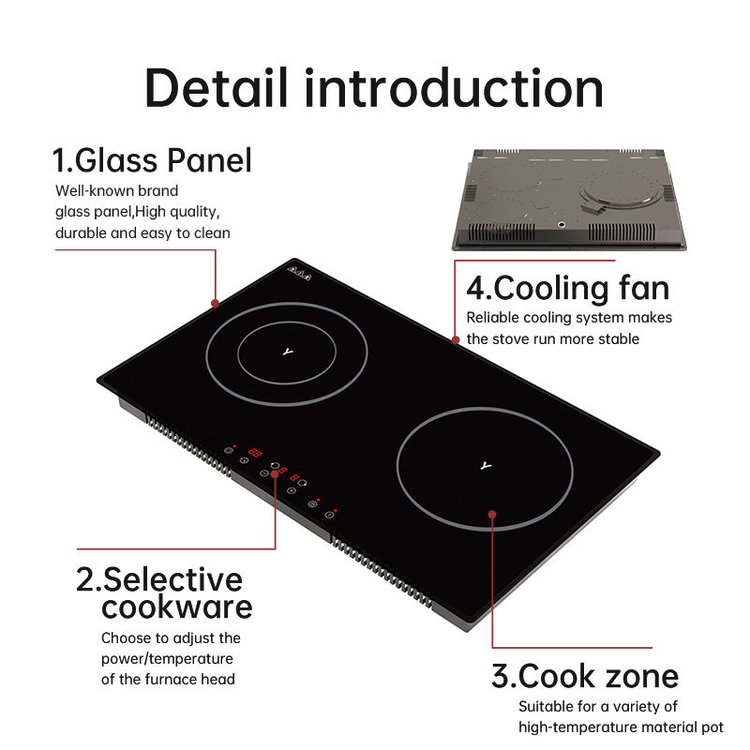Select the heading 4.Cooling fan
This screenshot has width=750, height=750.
(568, 287)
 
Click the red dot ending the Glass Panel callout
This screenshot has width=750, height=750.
(216, 303)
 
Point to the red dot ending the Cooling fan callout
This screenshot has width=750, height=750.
(457, 339)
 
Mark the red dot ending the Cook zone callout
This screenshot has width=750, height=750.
(493, 514)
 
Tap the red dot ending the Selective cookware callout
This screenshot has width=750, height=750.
(276, 473)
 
